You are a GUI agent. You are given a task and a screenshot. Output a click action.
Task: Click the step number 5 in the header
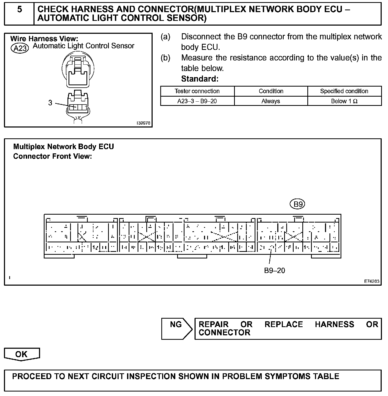(20, 10)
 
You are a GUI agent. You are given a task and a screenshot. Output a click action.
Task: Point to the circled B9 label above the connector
(298, 204)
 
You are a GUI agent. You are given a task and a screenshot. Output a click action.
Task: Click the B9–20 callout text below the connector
(274, 271)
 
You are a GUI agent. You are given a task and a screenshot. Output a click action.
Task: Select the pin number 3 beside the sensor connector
(50, 103)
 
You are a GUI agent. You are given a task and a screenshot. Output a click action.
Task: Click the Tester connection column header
(197, 91)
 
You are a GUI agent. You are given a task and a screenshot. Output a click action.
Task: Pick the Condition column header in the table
(271, 91)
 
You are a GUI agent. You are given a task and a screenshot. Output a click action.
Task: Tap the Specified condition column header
(344, 91)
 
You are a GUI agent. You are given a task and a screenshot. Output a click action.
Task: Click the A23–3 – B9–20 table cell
(197, 101)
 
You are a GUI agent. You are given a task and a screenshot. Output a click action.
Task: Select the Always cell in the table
(271, 101)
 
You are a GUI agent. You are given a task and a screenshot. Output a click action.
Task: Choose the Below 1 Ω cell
(344, 101)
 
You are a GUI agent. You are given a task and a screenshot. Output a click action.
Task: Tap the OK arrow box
(22, 354)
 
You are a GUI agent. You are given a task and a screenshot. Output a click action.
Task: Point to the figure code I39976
(143, 123)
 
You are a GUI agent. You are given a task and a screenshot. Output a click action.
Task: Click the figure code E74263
(372, 281)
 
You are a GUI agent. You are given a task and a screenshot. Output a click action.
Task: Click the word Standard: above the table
(200, 79)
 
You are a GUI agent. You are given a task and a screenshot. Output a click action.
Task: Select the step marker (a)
(166, 37)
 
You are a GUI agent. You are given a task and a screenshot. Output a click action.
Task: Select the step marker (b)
(166, 58)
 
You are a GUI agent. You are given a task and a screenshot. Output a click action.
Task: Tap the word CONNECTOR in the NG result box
(224, 333)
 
